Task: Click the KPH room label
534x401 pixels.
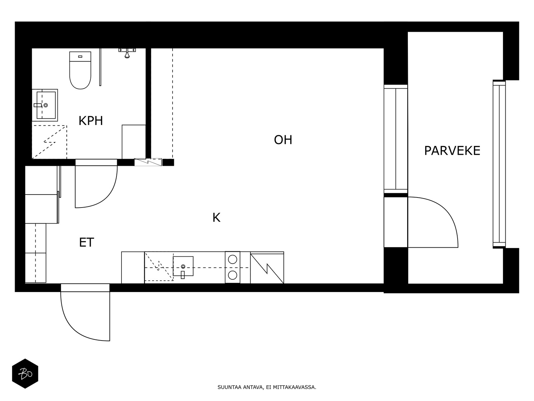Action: coord(90,121)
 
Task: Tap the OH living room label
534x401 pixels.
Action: coord(283,140)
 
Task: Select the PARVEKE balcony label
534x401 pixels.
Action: coord(452,151)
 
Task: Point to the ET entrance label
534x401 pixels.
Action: coord(86,242)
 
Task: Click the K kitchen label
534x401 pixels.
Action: coord(216,218)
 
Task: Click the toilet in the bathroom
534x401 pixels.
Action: coord(80,70)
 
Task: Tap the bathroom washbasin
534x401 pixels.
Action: coord(45,105)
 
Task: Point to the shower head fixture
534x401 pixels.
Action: coord(127,53)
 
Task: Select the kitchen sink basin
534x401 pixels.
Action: coord(183,266)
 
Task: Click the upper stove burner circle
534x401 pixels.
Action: coord(233,260)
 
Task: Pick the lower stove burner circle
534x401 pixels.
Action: coord(233,275)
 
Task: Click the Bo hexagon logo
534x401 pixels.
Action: coord(25,374)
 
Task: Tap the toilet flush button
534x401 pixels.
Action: coord(80,56)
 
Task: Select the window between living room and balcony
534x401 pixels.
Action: coord(395,139)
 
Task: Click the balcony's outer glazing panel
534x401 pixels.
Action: coord(499,164)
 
